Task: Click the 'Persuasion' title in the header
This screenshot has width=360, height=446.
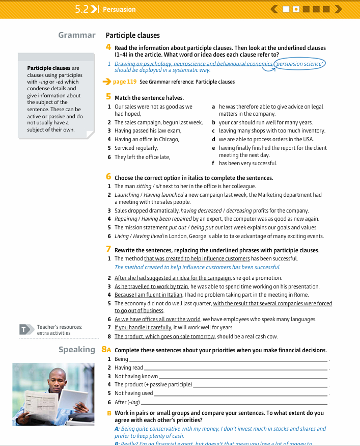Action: tap(119, 9)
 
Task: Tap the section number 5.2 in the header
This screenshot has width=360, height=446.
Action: tap(82, 9)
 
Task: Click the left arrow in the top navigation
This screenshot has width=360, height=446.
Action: tap(274, 9)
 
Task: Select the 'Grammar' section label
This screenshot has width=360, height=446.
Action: tap(77, 35)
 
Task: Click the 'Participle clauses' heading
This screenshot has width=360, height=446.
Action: tap(132, 36)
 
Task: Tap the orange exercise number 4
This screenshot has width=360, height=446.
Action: tap(108, 47)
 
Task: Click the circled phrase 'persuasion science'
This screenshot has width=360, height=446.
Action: tap(299, 64)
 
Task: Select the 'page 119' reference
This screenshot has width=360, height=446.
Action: tap(125, 82)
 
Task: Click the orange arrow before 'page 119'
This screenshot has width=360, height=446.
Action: tap(106, 82)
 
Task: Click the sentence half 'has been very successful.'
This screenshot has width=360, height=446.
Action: tap(248, 163)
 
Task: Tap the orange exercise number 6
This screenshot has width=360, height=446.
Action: tap(108, 177)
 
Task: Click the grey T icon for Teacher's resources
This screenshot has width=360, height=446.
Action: tap(23, 330)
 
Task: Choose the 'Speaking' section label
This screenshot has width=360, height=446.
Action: tap(77, 350)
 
